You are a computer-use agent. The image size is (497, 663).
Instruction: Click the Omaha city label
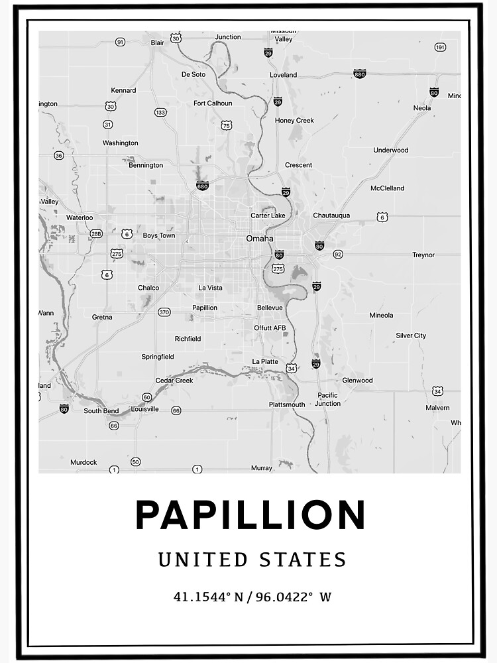(x=260, y=239)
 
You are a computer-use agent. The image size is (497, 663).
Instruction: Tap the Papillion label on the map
(x=205, y=308)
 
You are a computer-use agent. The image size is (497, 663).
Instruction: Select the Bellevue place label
(x=270, y=308)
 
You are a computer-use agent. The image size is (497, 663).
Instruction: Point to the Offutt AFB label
(x=270, y=328)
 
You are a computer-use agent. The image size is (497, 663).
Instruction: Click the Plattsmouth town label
(x=287, y=404)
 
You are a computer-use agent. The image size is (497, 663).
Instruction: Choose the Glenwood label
(x=357, y=381)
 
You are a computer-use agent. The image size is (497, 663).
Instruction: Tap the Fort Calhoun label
(x=213, y=103)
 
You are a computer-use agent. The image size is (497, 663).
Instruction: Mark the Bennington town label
(x=146, y=165)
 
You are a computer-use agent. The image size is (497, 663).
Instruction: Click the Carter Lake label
(x=268, y=215)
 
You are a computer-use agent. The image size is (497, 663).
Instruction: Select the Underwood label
(x=391, y=151)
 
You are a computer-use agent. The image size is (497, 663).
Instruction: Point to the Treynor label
(x=423, y=255)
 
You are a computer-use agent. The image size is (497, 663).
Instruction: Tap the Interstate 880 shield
(x=359, y=74)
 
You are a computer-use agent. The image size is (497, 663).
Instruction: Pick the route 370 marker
(x=164, y=312)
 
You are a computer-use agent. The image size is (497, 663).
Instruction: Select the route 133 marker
(x=160, y=113)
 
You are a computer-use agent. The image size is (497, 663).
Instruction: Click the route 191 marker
(x=440, y=47)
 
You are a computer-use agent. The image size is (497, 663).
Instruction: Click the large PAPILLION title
(x=250, y=515)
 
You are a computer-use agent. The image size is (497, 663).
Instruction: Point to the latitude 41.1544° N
(x=202, y=597)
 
